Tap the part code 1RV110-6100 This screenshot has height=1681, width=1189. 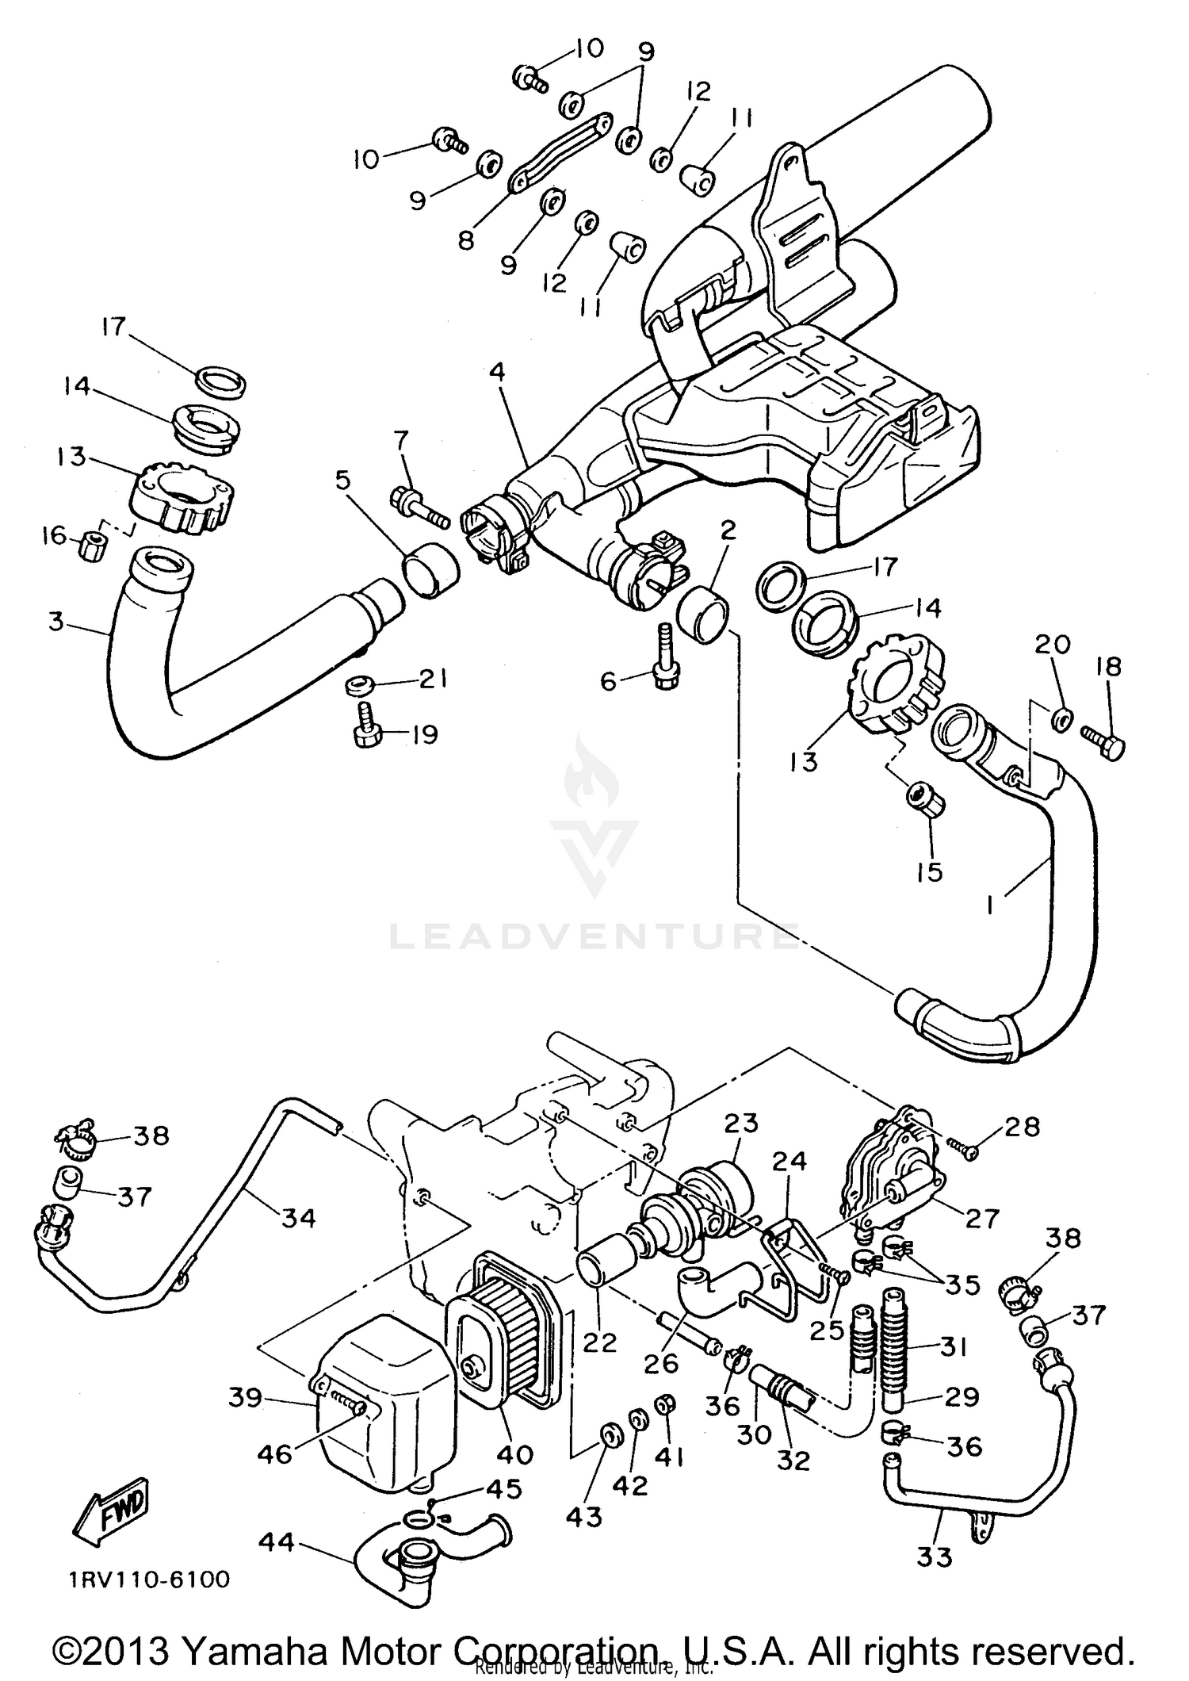[148, 1580]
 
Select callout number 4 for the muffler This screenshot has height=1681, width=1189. [497, 372]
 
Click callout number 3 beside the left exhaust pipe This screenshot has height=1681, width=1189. [55, 622]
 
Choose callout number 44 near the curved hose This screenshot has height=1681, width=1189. [276, 1542]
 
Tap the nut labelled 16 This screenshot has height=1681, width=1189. [94, 546]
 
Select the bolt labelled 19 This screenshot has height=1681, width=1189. [366, 730]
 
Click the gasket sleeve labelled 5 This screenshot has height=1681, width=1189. [432, 570]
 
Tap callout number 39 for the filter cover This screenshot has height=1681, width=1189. [245, 1398]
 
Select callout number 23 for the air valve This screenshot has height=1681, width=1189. [740, 1124]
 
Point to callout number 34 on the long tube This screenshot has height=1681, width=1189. [299, 1217]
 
